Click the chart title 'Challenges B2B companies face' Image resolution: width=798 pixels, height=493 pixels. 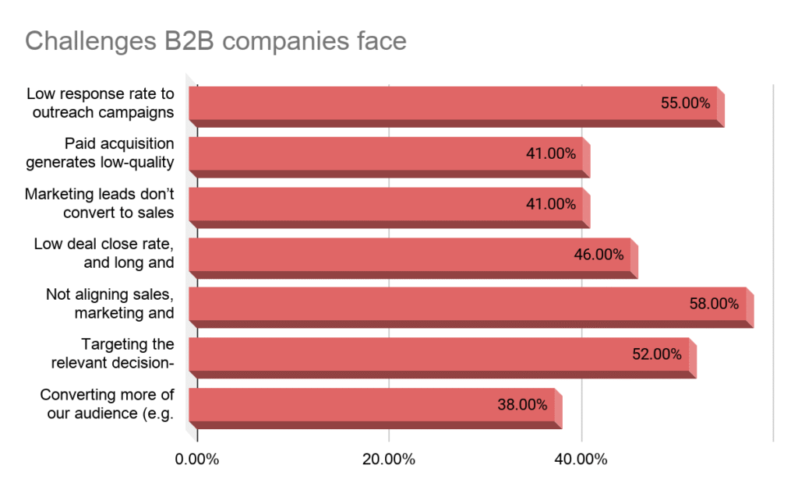[216, 40]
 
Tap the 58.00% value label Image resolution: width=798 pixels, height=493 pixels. [714, 304]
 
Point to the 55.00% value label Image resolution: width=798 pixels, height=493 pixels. [685, 103]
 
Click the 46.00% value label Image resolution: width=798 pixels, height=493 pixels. [598, 254]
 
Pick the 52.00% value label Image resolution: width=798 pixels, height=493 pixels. [656, 354]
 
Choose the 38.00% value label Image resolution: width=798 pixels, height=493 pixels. [522, 404]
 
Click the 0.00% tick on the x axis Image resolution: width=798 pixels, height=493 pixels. [197, 459]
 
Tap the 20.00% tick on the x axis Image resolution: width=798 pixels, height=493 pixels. [389, 459]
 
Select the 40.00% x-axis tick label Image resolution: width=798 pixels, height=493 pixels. [581, 459]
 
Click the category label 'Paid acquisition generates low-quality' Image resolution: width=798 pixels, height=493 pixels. [100, 153]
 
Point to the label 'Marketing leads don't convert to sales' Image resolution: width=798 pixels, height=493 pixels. [100, 203]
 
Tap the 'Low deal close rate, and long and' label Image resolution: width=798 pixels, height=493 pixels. [104, 254]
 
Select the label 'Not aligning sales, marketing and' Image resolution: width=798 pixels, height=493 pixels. [110, 304]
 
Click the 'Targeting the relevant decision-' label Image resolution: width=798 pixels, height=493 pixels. [113, 354]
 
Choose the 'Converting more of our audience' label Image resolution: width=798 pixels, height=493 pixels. [107, 404]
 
